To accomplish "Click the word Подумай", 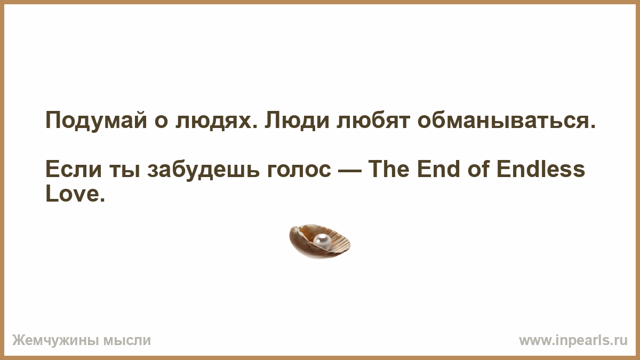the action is click(97, 121).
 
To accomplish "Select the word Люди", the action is click(297, 121).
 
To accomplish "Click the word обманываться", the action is click(506, 120).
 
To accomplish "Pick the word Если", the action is click(74, 169).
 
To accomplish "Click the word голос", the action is click(299, 171).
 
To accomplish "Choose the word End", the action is click(438, 169).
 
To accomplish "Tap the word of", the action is click(478, 169).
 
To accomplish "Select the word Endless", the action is click(541, 169).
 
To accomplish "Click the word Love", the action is click(75, 194).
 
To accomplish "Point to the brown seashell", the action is click(319, 242).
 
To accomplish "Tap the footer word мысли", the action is click(127, 341).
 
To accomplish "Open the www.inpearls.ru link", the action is click(573, 341).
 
